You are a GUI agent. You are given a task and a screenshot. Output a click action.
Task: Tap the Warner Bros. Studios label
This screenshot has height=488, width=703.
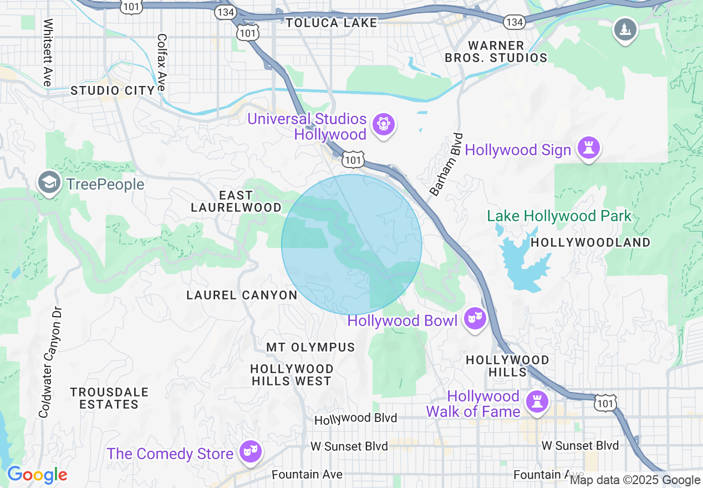coord(496,52)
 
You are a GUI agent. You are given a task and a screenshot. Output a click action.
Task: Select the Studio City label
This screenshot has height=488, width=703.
coord(113,90)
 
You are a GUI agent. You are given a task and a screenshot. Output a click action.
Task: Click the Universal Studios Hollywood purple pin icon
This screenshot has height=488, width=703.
coord(384,124)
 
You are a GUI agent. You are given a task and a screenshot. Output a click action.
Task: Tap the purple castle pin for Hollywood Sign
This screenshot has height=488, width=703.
coord(588,149)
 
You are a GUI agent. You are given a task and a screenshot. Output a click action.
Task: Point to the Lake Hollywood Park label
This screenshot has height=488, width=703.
coord(559,216)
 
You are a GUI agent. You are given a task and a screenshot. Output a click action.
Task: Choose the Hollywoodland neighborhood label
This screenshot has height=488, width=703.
coord(590,243)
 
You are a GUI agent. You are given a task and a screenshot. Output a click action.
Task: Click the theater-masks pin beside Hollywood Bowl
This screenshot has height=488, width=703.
coord(475,319)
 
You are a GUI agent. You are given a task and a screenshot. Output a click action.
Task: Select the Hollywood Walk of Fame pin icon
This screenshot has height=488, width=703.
coord(537,402)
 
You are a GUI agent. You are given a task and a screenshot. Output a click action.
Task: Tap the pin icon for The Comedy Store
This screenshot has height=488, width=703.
coord(250,451)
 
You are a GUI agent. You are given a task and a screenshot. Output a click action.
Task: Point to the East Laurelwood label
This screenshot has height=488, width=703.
coord(236,201)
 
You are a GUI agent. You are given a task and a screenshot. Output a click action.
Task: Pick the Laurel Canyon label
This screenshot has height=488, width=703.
coord(242,295)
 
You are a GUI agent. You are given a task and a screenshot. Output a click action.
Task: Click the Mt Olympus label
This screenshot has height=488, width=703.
coord(310,347)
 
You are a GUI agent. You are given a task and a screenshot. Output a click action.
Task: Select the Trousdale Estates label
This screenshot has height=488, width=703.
coord(109,398)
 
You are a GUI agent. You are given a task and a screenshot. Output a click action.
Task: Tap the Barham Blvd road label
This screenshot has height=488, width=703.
coord(446,165)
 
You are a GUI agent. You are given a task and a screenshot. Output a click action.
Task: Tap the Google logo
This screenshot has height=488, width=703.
coord(37,475)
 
